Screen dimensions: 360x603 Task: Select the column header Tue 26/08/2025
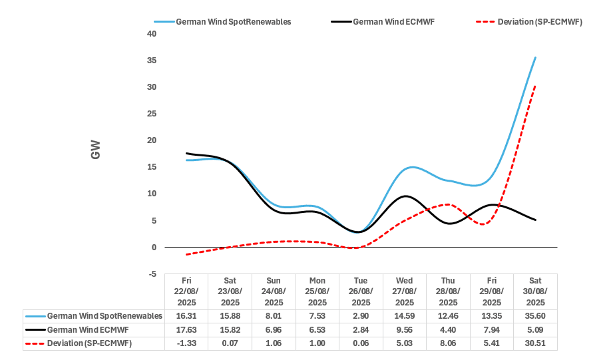[361, 291]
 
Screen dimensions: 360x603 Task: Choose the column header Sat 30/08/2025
[535, 291]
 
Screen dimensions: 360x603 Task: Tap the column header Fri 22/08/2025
[186, 291]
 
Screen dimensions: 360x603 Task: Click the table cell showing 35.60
[535, 315]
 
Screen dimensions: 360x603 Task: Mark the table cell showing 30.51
[535, 343]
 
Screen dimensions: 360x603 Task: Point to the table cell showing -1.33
[186, 343]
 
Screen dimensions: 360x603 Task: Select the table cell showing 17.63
[186, 329]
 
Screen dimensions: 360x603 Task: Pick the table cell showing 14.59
[405, 315]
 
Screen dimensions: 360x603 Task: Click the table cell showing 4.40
[448, 329]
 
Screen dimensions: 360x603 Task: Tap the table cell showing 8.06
[448, 343]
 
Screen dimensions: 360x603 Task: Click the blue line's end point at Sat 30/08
[536, 57]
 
